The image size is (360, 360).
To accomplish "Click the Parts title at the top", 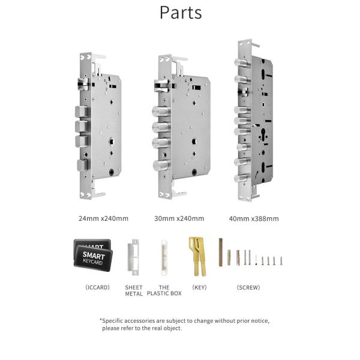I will (180, 13).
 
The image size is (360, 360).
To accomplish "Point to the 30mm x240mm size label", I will (179, 218).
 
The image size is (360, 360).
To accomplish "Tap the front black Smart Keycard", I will (93, 259).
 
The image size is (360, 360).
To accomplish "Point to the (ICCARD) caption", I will (97, 287).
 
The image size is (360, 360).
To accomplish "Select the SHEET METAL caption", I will (134, 290).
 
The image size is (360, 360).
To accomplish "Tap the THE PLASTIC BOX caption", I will (164, 290).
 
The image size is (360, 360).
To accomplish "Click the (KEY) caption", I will (199, 287).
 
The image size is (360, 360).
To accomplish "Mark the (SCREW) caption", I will (248, 287).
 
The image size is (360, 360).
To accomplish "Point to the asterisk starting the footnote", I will (101, 320).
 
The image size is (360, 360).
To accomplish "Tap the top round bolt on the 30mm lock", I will (160, 112).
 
